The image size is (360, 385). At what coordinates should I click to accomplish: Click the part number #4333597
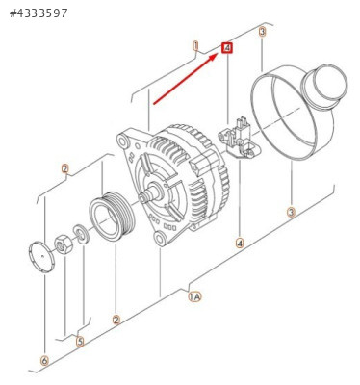coord(39,13)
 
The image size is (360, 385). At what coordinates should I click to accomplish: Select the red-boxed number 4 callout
coord(227,48)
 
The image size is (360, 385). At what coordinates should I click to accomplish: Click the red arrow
coord(186,79)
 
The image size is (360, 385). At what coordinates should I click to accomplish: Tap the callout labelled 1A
coord(194,296)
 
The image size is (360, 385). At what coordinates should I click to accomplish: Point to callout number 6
coord(44,361)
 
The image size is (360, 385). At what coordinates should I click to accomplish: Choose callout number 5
coord(80,341)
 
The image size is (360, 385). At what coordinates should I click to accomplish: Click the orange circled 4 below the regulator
coord(240,243)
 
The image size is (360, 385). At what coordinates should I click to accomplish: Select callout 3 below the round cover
coord(291,212)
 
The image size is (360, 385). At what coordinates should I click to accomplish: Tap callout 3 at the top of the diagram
coord(263,32)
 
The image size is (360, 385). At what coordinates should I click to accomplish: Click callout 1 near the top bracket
coord(195,46)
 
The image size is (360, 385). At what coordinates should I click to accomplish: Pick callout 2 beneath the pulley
coord(116,320)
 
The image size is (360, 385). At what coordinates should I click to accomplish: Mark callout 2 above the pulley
coord(65,168)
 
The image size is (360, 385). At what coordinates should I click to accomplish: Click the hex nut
coord(64,244)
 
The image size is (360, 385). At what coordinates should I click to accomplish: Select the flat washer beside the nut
coord(80,235)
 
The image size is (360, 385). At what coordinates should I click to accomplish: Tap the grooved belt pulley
coord(111,216)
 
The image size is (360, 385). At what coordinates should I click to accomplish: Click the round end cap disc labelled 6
coord(41,257)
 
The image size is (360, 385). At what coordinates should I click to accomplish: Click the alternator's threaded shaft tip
coord(143,197)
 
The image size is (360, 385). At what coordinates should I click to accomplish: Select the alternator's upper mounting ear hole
coord(122,141)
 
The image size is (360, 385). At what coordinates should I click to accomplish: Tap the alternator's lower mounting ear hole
coord(160,239)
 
